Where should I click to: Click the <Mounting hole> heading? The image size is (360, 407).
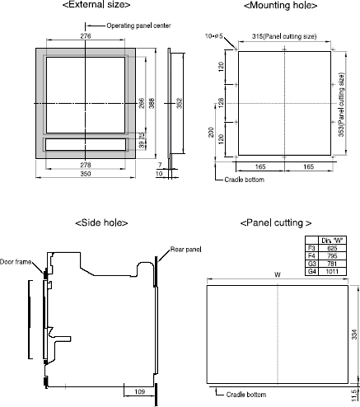tap(278, 7)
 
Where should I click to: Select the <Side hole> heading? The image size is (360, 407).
tap(101, 223)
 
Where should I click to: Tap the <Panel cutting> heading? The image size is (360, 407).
tap(275, 223)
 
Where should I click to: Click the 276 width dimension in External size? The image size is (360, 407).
tap(85, 37)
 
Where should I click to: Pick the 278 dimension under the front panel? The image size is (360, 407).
tap(86, 166)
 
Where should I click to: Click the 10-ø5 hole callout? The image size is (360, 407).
tap(218, 36)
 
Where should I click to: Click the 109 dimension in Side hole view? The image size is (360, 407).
tap(140, 392)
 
